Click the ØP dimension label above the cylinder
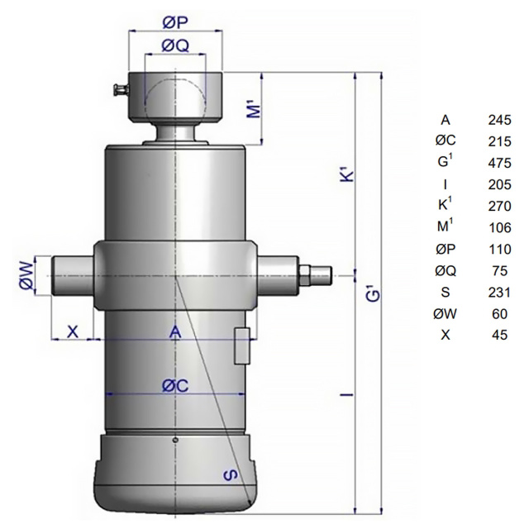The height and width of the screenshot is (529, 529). point(174,22)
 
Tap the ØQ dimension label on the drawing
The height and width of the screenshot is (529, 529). point(174,45)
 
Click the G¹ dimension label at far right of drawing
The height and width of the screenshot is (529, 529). point(374,293)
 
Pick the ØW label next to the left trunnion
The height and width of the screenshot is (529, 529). point(27,275)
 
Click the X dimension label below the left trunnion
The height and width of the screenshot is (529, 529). point(73,331)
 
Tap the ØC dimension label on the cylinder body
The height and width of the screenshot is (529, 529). point(174,386)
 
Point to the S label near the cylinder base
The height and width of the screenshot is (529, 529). point(231,474)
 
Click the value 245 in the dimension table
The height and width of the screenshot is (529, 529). point(499,120)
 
